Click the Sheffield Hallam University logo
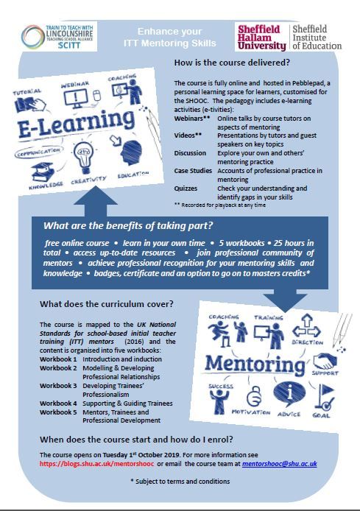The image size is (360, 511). tap(262, 35)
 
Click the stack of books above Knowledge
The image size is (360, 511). tap(42, 171)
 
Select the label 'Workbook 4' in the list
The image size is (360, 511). tap(57, 403)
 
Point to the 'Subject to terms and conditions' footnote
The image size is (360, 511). tap(180, 481)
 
